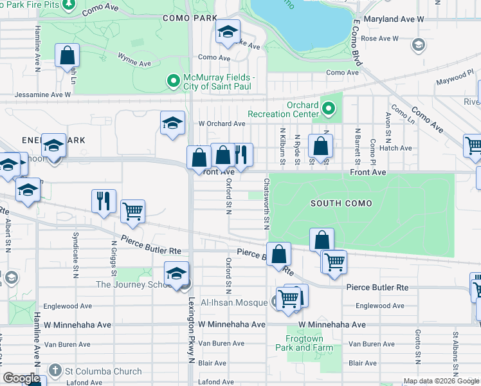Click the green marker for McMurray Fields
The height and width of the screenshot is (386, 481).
[x=172, y=81]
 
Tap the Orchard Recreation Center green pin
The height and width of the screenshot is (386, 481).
[x=329, y=109]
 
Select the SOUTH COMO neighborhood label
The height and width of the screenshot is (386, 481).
[x=341, y=203]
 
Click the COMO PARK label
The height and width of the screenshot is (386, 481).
[x=190, y=19]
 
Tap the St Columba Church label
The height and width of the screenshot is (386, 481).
[x=105, y=371]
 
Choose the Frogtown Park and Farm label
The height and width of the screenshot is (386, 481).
[x=311, y=342]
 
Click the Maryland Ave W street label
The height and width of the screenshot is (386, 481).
[x=394, y=19]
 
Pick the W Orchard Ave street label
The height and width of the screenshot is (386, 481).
[x=222, y=124]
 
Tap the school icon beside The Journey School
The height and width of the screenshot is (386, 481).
[x=176, y=274]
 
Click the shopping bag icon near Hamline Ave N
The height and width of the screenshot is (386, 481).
[x=68, y=57]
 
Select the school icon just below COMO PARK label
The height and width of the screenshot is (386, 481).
[x=226, y=33]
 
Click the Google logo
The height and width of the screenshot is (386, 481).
[x=21, y=378]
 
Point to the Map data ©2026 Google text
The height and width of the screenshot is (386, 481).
[x=441, y=381]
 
